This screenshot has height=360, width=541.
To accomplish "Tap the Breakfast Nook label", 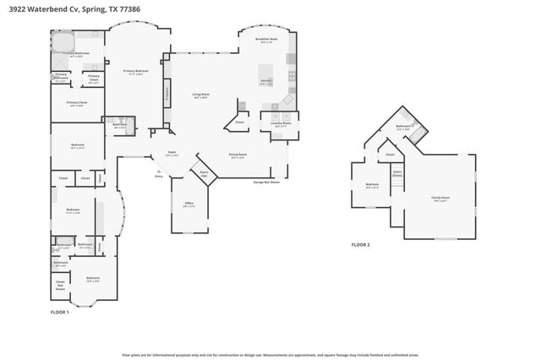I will (x=266, y=39).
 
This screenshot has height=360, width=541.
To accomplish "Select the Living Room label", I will (x=199, y=95).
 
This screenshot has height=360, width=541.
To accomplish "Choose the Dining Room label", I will (x=238, y=155).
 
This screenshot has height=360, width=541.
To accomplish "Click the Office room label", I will (x=189, y=204).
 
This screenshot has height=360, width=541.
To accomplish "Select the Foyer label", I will (x=172, y=154).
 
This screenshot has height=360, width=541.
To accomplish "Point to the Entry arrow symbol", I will (x=158, y=172).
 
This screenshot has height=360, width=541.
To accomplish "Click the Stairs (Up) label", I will (x=204, y=172).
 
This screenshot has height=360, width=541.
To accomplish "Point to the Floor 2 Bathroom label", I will (x=403, y=127).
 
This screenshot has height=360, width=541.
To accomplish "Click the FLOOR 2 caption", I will (x=361, y=244).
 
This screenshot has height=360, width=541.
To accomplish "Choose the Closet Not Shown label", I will (x=60, y=284).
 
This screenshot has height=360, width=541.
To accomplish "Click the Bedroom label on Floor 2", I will (x=372, y=185).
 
